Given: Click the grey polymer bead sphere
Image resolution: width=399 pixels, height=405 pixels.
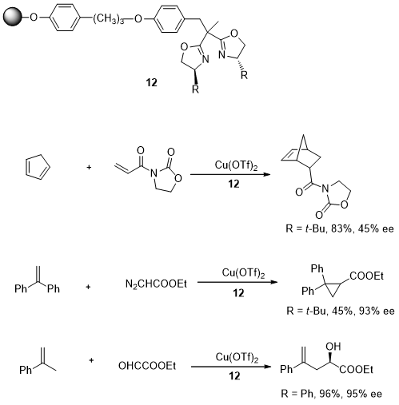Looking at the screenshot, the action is [13, 17].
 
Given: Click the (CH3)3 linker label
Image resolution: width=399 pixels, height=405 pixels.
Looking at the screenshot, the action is [109, 18].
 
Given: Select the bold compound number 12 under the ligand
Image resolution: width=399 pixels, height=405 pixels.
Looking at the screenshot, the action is [151, 82].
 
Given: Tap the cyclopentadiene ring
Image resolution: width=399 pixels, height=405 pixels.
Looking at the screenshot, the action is [38, 167].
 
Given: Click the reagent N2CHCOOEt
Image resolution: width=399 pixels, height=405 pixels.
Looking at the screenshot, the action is [156, 284].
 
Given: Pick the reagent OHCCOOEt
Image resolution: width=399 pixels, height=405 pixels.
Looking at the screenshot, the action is [147, 366].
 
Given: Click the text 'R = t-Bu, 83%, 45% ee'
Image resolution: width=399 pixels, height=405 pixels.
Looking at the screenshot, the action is [340, 228].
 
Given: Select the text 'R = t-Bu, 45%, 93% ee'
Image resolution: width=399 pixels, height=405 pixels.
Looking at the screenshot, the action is [341, 311].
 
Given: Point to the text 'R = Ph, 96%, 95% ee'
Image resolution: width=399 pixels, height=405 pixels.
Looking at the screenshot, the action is [331, 394].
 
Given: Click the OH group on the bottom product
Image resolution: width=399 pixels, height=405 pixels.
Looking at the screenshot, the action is [333, 346].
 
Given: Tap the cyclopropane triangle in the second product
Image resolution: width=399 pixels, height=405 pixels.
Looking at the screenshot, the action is [333, 288].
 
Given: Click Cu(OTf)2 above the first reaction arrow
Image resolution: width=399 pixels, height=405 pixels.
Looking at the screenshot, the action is [236, 165].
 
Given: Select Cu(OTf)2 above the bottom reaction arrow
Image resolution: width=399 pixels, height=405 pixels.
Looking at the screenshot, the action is [237, 357].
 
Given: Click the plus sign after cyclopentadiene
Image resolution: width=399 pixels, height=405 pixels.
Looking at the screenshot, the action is [89, 167].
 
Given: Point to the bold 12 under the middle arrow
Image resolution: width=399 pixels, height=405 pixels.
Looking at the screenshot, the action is [238, 293].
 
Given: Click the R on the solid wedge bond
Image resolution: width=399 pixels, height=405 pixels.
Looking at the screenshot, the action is [195, 89].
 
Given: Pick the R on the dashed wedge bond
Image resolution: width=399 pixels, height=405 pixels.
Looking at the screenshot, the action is [244, 75].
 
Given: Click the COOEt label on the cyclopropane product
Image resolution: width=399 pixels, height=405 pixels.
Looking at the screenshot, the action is [366, 276].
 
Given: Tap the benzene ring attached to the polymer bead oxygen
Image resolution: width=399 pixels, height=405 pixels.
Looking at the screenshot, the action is [65, 18].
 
